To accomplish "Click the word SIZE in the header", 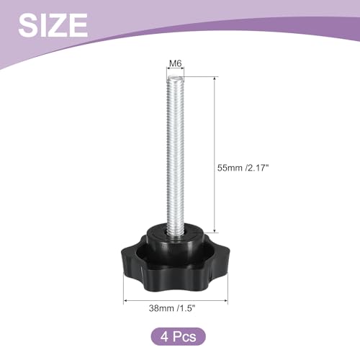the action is tap(53, 25).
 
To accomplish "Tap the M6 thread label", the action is tap(176, 63).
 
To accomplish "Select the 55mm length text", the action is tap(230, 168).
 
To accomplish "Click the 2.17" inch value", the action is tap(257, 168).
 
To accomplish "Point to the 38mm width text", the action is tap(161, 308).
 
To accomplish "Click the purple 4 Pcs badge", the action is tap(178, 336).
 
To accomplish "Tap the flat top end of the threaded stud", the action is tap(176, 78).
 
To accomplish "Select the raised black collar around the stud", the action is tap(176, 236).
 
